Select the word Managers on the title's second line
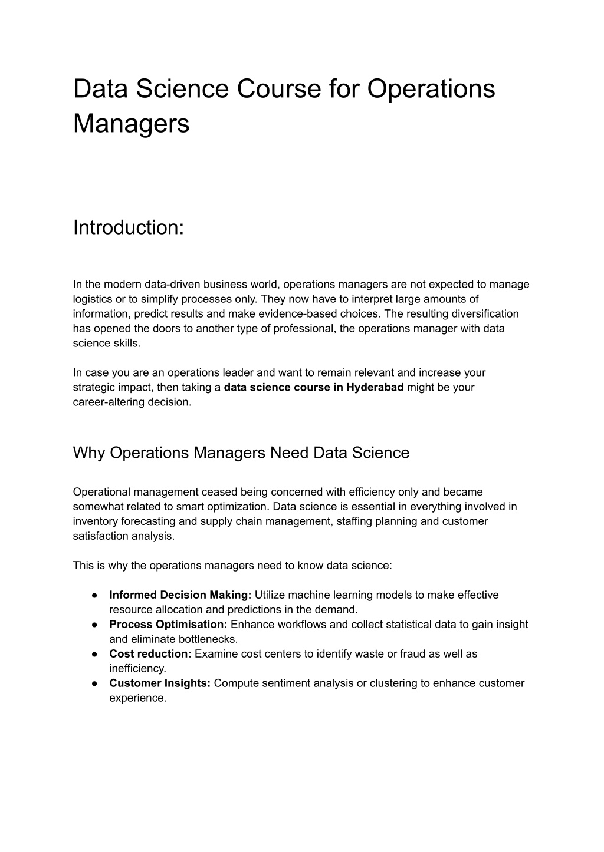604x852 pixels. point(132,124)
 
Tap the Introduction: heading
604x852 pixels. point(129,227)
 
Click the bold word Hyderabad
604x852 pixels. point(375,388)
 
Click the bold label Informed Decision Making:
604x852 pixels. point(180,595)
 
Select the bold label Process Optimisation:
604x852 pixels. point(168,625)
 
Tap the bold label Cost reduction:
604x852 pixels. point(150,654)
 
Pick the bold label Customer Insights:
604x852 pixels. point(160,683)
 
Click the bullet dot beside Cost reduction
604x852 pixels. point(94,654)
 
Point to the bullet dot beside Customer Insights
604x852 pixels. point(94,683)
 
